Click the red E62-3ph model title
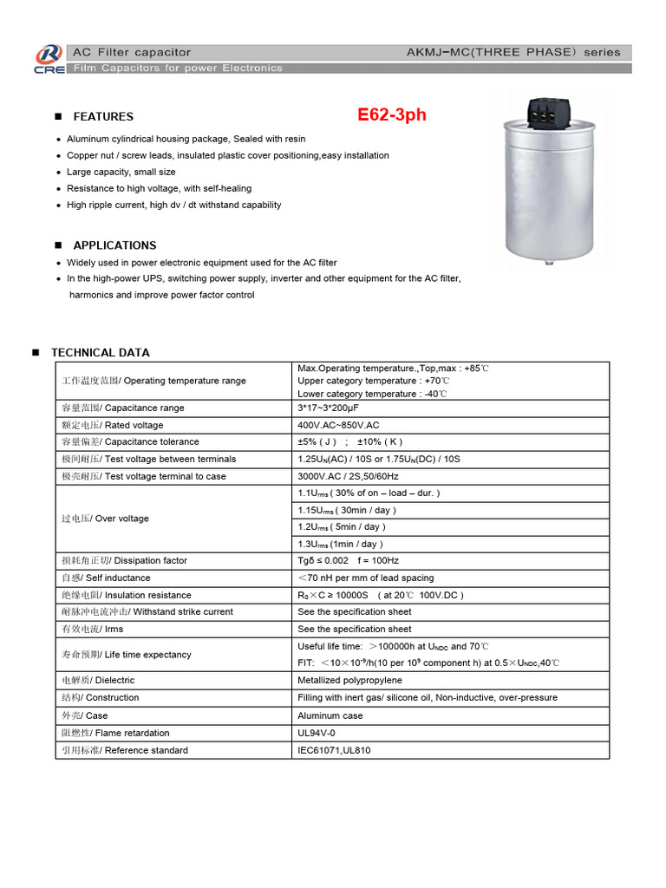pyautogui.click(x=392, y=115)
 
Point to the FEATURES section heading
pyautogui.click(x=103, y=116)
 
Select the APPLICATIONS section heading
pyautogui.click(x=114, y=245)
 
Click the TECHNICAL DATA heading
pyautogui.click(x=100, y=353)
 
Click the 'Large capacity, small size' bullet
pyautogui.click(x=121, y=172)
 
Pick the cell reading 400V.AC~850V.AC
pyautogui.click(x=338, y=425)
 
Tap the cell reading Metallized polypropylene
pyautogui.click(x=349, y=681)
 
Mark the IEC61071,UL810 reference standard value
pyautogui.click(x=334, y=750)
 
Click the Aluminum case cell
pyautogui.click(x=330, y=715)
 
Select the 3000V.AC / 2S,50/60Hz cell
pyautogui.click(x=348, y=476)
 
